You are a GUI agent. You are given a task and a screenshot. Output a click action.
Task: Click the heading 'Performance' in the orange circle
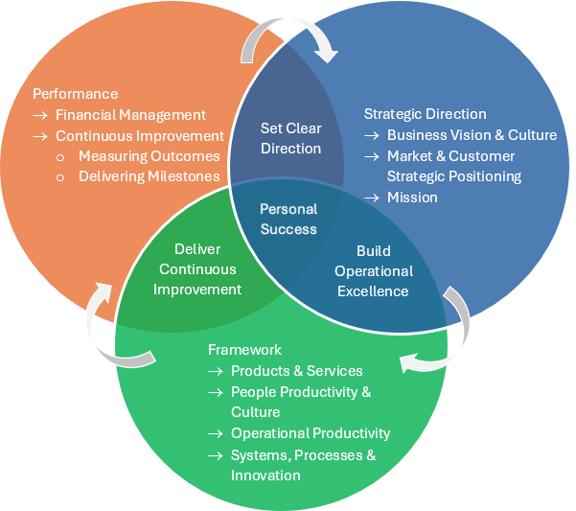[x=76, y=94]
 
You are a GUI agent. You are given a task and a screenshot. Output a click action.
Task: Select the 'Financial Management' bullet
[x=131, y=115]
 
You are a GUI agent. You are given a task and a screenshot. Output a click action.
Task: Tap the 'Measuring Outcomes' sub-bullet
[x=149, y=156]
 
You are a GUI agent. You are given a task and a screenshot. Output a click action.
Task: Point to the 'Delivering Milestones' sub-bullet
[x=149, y=176]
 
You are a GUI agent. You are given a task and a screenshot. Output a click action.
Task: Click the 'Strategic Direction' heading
[x=425, y=114]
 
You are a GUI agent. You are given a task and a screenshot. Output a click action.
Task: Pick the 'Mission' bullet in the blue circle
[x=412, y=197]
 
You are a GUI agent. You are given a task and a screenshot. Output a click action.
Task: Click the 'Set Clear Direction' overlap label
[x=290, y=138]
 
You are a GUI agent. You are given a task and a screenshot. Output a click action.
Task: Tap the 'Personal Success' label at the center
[x=288, y=219]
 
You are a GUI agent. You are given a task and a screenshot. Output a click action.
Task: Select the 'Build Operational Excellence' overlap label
[x=373, y=271]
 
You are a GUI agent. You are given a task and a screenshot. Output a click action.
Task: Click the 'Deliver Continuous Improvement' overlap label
[x=197, y=269]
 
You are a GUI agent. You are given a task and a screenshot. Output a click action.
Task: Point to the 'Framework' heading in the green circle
[x=244, y=350]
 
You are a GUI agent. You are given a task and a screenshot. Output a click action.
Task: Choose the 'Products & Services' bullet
[x=296, y=371]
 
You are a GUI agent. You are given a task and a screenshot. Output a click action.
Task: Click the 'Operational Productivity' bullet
[x=311, y=433]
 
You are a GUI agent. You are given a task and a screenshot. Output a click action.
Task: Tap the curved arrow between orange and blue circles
[x=288, y=36]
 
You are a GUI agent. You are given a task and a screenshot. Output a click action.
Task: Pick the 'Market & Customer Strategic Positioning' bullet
[x=453, y=166]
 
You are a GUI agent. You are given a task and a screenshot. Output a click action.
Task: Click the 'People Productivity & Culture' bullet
[x=300, y=402]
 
